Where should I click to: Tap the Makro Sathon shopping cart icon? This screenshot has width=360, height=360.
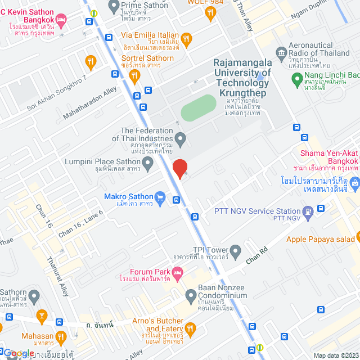[x=160, y=197]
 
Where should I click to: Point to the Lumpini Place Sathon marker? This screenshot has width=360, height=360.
[x=148, y=164]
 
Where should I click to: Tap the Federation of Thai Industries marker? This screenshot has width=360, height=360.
[x=180, y=137]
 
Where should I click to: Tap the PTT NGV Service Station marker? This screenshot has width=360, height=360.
[x=308, y=211]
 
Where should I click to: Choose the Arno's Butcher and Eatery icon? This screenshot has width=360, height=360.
[x=191, y=328]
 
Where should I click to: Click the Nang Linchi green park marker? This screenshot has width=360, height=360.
[x=296, y=80]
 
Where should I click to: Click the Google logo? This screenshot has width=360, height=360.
[x=19, y=353]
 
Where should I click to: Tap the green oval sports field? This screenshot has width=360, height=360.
[x=198, y=107]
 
